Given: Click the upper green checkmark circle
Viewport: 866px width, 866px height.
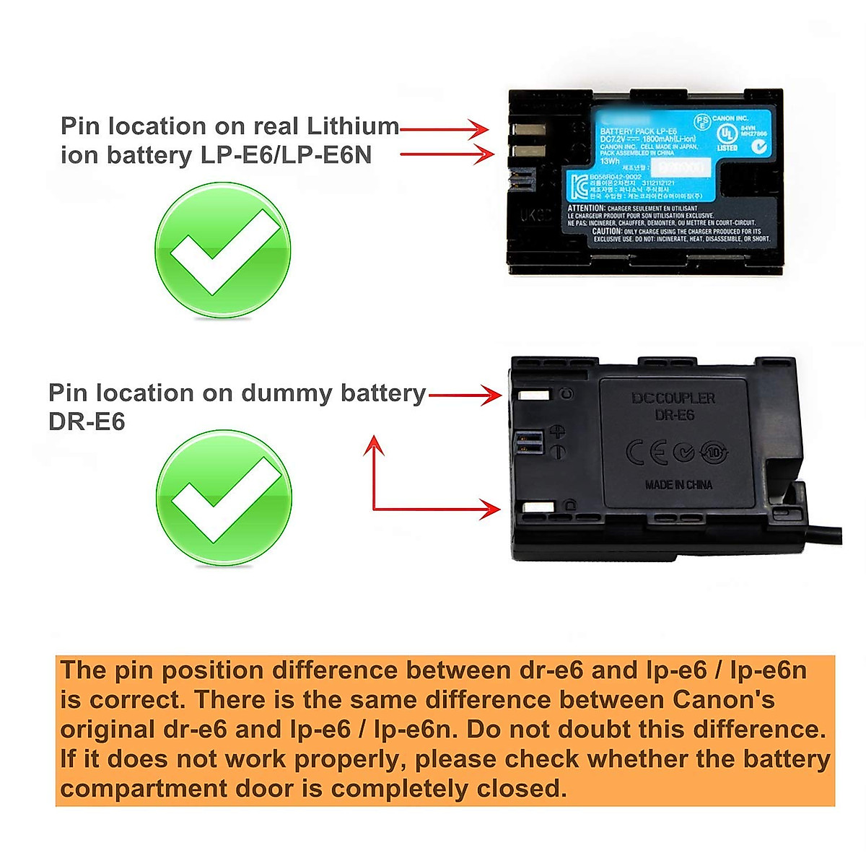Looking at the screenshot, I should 223,250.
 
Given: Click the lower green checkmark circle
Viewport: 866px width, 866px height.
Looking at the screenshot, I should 224,498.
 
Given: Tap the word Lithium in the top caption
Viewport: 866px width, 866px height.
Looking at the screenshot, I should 353,126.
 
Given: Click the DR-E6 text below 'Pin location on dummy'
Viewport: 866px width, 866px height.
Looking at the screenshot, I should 87,421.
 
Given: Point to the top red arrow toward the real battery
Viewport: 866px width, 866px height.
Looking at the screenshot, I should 445,129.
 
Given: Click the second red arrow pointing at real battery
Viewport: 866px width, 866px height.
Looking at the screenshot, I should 447,154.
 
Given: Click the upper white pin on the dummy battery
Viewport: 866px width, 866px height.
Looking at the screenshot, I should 534,395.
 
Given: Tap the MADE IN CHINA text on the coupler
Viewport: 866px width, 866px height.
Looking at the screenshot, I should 678,485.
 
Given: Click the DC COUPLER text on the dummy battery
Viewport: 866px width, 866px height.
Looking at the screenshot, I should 673,398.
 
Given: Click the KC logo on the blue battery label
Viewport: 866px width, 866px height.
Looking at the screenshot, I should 578,187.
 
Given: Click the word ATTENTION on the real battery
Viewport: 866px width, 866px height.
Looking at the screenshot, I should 586,208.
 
